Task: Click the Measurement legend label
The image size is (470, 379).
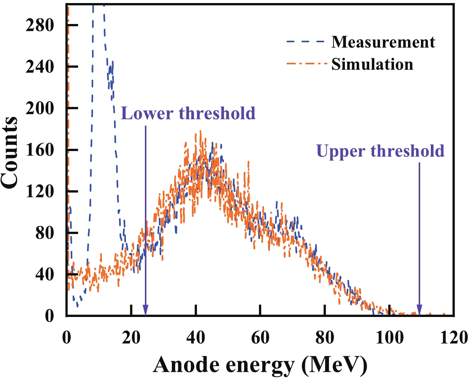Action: (383, 42)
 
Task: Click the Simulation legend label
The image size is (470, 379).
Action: (372, 64)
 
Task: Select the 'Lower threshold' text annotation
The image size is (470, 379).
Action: (188, 113)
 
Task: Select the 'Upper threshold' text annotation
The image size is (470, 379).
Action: (380, 151)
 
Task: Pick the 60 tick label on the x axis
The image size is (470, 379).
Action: (260, 338)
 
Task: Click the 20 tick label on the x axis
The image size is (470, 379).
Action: (131, 338)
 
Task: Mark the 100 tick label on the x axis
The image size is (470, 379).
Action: (389, 338)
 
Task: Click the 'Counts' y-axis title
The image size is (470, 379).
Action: (10, 152)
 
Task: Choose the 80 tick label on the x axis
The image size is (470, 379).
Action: (324, 338)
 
